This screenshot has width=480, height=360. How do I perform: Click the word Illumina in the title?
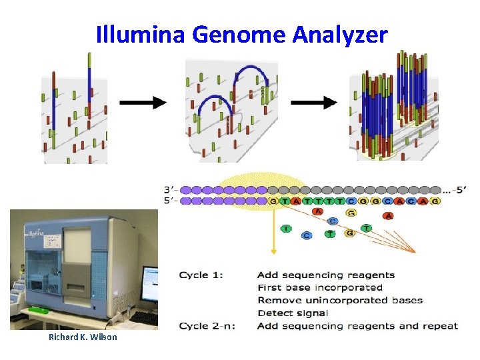click(x=141, y=34)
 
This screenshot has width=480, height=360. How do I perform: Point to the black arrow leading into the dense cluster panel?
click(x=314, y=103)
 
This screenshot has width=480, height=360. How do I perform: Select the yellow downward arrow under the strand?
click(x=273, y=233)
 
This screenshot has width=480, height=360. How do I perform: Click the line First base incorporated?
click(x=319, y=287)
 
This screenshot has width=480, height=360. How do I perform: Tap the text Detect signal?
click(x=292, y=313)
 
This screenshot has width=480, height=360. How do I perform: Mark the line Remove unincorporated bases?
click(x=339, y=300)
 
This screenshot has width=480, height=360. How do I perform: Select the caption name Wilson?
click(x=104, y=337)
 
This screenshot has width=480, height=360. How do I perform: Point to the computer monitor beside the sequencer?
click(x=150, y=283)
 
